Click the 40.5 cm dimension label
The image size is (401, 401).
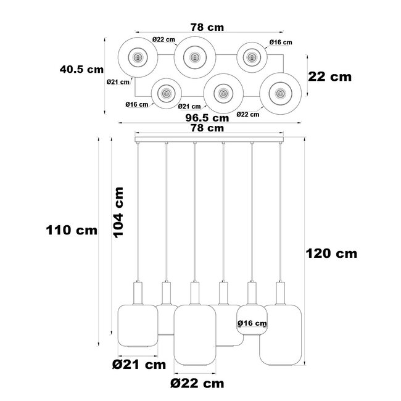81,69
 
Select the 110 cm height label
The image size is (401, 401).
72,230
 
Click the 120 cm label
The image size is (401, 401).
331,253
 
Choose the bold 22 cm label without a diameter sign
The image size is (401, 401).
330,76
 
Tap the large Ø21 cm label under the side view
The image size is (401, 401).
139,365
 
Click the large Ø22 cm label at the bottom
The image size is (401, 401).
197,383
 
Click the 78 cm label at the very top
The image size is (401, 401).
207,27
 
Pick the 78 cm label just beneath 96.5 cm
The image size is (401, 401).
207,128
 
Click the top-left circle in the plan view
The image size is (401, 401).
138,58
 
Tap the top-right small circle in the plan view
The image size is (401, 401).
250,57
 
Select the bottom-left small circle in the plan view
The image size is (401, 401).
165,94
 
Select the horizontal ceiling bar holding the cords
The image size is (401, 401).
208,141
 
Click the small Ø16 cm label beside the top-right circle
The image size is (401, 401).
281,43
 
